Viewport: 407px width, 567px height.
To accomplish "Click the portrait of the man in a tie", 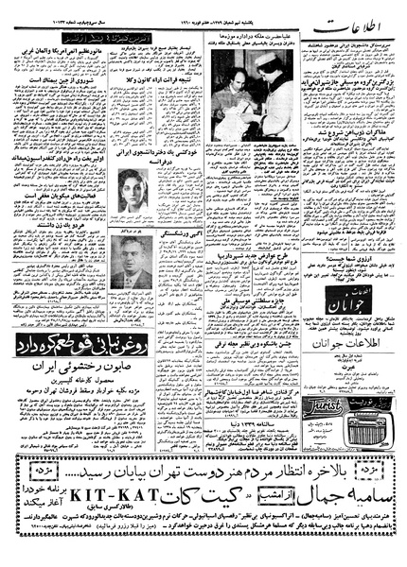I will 131,260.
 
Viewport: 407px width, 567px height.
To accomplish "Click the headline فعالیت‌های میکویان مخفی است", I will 57,157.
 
